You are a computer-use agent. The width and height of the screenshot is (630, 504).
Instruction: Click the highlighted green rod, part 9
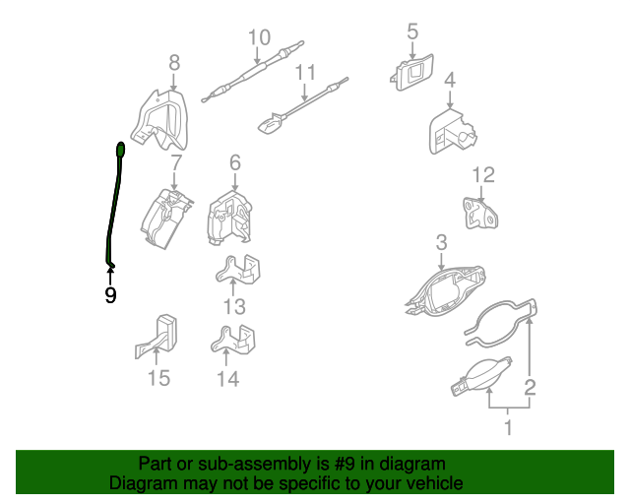pos(115,207)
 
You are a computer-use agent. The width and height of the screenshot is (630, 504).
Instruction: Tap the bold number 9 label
pos(110,295)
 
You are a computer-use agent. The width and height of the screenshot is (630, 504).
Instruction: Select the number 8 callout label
pos(174,64)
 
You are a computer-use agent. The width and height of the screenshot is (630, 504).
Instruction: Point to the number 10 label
pos(259,38)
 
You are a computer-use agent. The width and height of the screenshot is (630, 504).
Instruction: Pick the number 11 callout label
pos(305,73)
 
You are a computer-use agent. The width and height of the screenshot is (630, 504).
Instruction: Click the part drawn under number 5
pos(411,73)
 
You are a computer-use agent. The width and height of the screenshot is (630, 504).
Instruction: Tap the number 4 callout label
pos(449,80)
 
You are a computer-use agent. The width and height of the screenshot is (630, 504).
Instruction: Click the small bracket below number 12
pos(481,214)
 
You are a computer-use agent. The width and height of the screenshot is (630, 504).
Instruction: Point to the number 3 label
pos(441,242)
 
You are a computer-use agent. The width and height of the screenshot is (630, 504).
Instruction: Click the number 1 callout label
pos(508,427)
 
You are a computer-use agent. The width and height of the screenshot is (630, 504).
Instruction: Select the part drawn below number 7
pos(163,218)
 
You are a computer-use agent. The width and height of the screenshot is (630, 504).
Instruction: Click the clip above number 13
pos(240,273)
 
